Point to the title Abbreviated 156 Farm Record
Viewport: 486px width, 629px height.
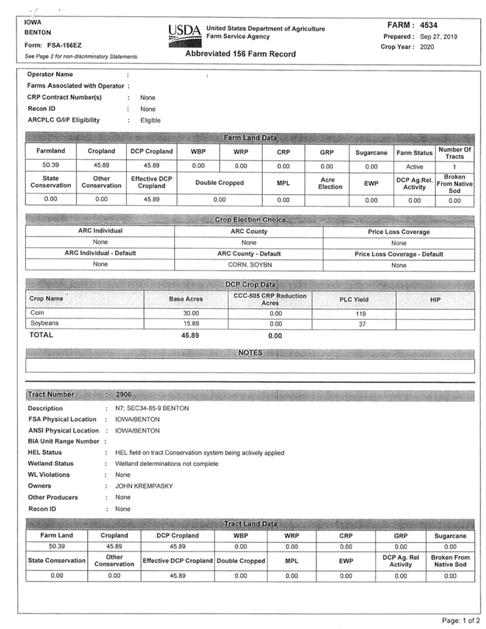coord(240,54)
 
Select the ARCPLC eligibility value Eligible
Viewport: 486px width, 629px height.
coord(150,121)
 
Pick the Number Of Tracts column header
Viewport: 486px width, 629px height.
coord(455,153)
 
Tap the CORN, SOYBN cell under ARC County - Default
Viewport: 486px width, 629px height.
coord(249,265)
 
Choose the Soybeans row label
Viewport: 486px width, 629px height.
coord(45,324)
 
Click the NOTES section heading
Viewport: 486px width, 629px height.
coord(251,353)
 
